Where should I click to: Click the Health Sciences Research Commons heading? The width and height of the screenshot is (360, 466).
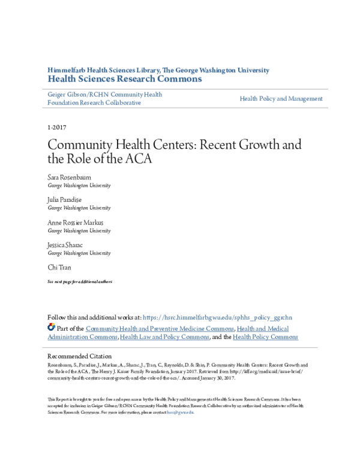124,79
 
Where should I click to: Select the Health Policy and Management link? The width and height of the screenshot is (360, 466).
281,98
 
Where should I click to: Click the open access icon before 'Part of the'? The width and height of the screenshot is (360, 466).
51,328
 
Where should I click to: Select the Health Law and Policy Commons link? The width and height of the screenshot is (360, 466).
164,337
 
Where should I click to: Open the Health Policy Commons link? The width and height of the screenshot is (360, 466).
265,337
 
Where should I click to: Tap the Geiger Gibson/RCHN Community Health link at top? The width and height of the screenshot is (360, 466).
105,94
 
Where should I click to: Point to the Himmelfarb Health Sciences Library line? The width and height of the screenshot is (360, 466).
158,70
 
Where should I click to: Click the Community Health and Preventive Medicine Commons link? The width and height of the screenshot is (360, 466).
160,328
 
